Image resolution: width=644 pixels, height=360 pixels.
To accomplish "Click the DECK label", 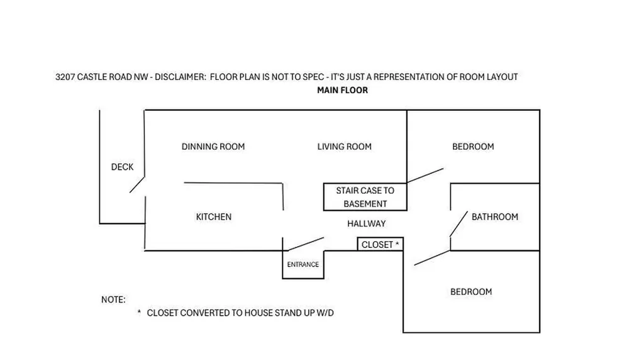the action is [123, 167].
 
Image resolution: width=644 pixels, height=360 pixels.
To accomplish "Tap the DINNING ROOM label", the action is [213, 147].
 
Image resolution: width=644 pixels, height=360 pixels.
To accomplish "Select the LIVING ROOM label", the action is [344, 147].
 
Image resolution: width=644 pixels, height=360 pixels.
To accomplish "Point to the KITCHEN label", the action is [214, 217].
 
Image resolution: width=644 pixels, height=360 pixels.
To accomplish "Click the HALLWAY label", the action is [367, 223].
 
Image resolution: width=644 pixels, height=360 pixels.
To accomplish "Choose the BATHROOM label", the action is [495, 217].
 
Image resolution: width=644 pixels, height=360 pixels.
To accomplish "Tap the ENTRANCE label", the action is [303, 265].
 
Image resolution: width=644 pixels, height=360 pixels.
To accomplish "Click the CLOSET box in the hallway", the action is [380, 244].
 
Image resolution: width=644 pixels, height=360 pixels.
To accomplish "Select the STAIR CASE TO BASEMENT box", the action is [365, 197].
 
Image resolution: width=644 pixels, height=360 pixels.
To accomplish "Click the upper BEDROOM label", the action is [473, 147].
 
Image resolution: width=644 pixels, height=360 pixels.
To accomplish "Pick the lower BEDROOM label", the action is [471, 292].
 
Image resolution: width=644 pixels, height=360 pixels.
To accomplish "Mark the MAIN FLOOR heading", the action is [343, 91].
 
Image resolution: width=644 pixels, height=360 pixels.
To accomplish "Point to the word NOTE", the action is [113, 300].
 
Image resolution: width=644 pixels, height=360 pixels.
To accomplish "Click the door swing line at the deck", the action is [137, 184].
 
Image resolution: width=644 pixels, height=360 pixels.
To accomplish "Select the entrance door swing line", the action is [306, 244].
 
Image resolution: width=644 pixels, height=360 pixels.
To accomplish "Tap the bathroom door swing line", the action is [458, 224].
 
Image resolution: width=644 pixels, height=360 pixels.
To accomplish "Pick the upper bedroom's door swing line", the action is [425, 176].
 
